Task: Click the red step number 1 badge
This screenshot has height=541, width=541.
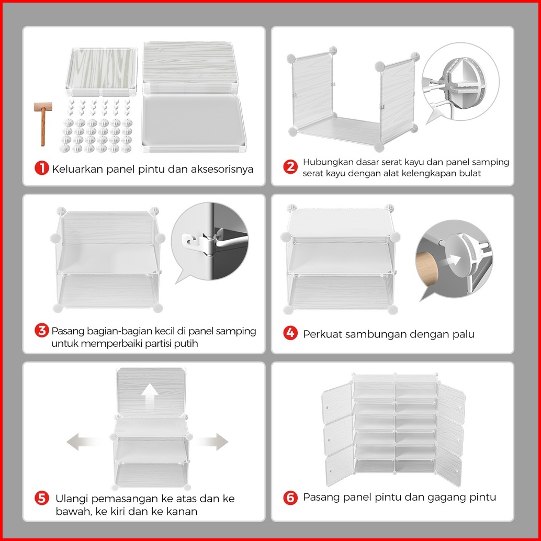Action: (42, 168)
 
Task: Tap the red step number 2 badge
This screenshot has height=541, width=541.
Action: (290, 167)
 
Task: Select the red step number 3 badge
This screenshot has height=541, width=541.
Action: (42, 331)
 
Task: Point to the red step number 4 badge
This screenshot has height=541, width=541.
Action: (290, 333)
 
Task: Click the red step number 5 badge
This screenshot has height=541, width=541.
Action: (42, 499)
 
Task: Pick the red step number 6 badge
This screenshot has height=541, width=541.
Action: (290, 498)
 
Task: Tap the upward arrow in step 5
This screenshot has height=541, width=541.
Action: (150, 396)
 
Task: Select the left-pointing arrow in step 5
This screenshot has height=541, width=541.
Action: (82, 442)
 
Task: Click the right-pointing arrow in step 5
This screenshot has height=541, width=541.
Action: (211, 442)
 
